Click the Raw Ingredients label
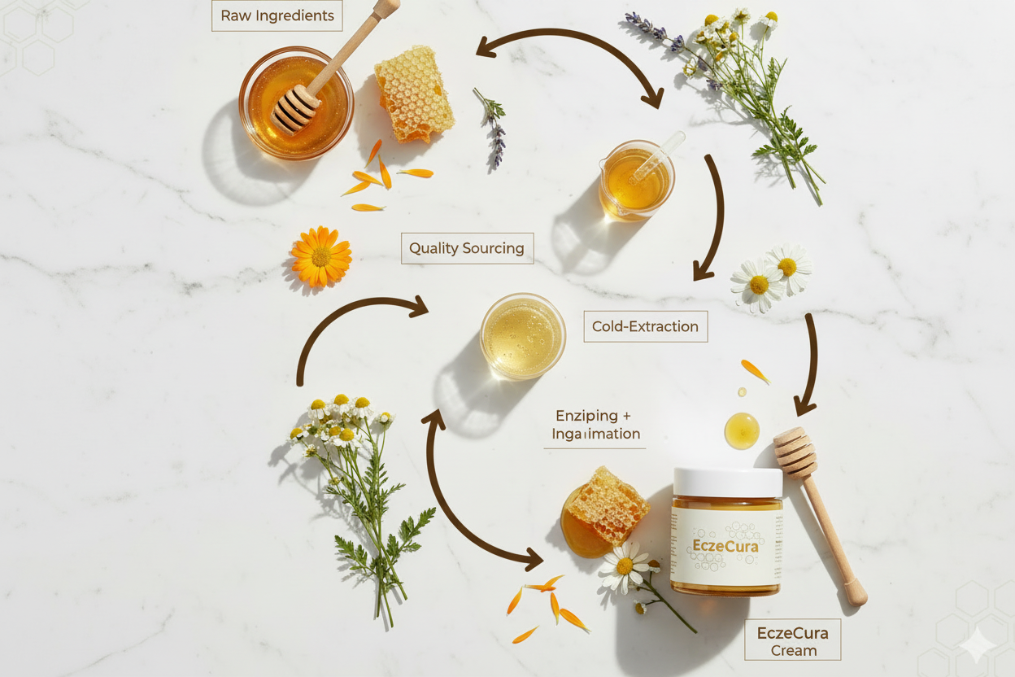click(x=277, y=16)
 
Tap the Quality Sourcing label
click(x=467, y=248)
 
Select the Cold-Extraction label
click(x=645, y=326)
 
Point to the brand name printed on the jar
click(x=725, y=546)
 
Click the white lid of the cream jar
click(x=727, y=482)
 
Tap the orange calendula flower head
click(x=321, y=256)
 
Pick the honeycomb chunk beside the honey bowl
click(x=413, y=93)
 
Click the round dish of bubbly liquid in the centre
click(x=522, y=336)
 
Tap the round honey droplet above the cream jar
click(x=742, y=430)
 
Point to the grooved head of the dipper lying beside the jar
click(x=795, y=452)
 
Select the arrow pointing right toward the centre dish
click(x=358, y=325)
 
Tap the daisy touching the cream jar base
click(x=625, y=566)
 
